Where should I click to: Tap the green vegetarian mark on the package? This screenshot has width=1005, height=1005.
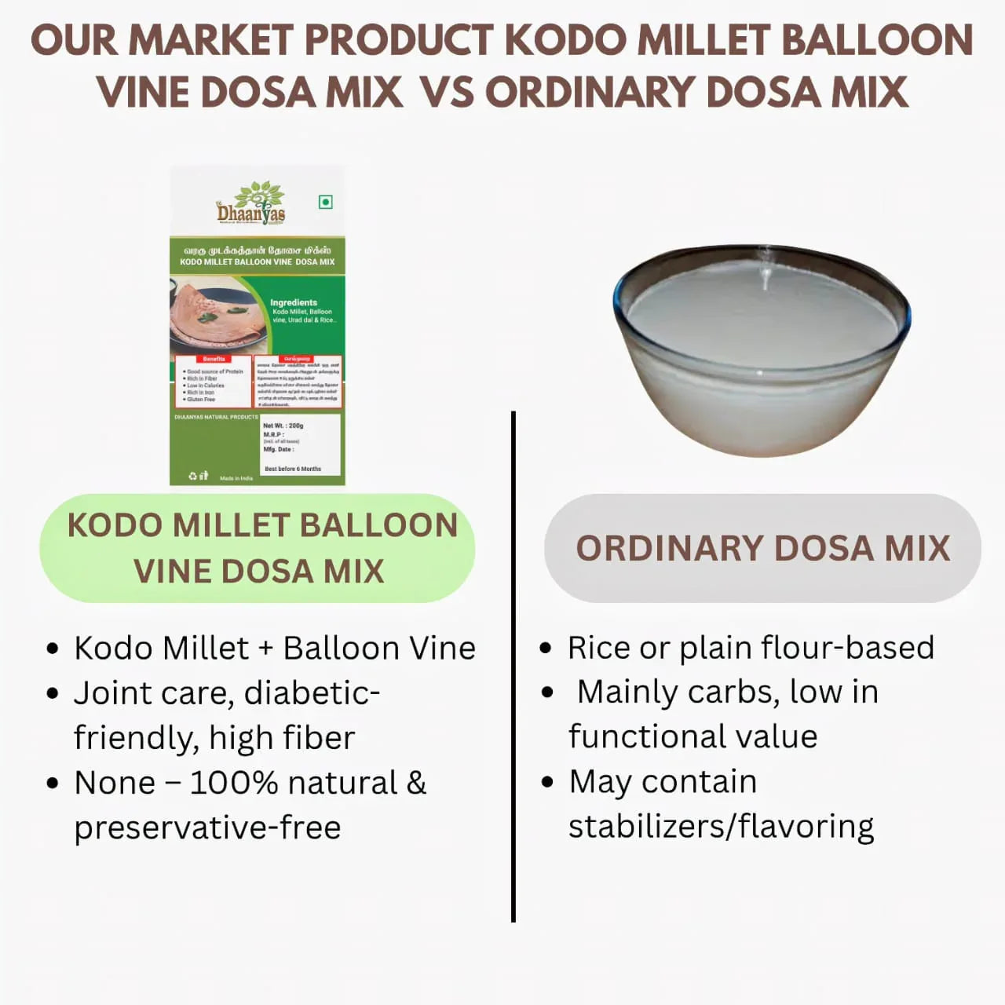(326, 203)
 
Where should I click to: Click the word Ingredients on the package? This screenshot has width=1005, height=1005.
(294, 302)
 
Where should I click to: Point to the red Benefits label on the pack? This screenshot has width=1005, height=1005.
(214, 359)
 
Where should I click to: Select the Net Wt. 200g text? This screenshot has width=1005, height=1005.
(283, 426)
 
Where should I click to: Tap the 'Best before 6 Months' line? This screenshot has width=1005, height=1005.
(293, 469)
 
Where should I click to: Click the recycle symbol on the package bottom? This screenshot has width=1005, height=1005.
(193, 476)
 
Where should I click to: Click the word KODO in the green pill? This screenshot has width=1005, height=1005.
(115, 525)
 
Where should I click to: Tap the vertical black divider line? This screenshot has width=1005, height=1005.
(513, 667)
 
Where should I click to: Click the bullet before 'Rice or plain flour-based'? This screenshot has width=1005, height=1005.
(546, 649)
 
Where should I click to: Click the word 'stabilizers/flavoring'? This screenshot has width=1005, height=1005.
(721, 827)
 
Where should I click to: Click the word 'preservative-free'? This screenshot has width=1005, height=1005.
(207, 828)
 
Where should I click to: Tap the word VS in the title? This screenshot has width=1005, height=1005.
(448, 92)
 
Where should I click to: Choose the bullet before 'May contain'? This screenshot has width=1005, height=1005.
(547, 782)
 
